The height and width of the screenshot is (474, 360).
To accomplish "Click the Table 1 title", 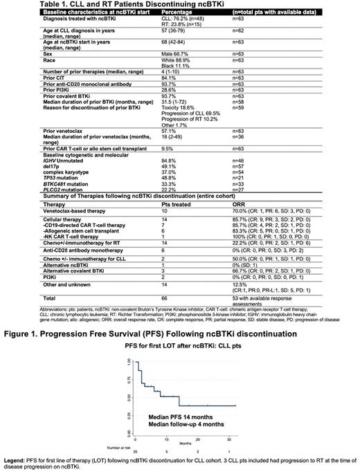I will point(91,5).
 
